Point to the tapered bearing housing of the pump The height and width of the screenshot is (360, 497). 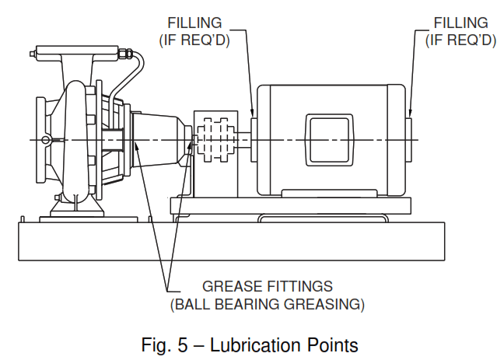159,140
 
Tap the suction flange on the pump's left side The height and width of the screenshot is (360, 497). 40,140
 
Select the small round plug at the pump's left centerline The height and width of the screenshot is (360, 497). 47,140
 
